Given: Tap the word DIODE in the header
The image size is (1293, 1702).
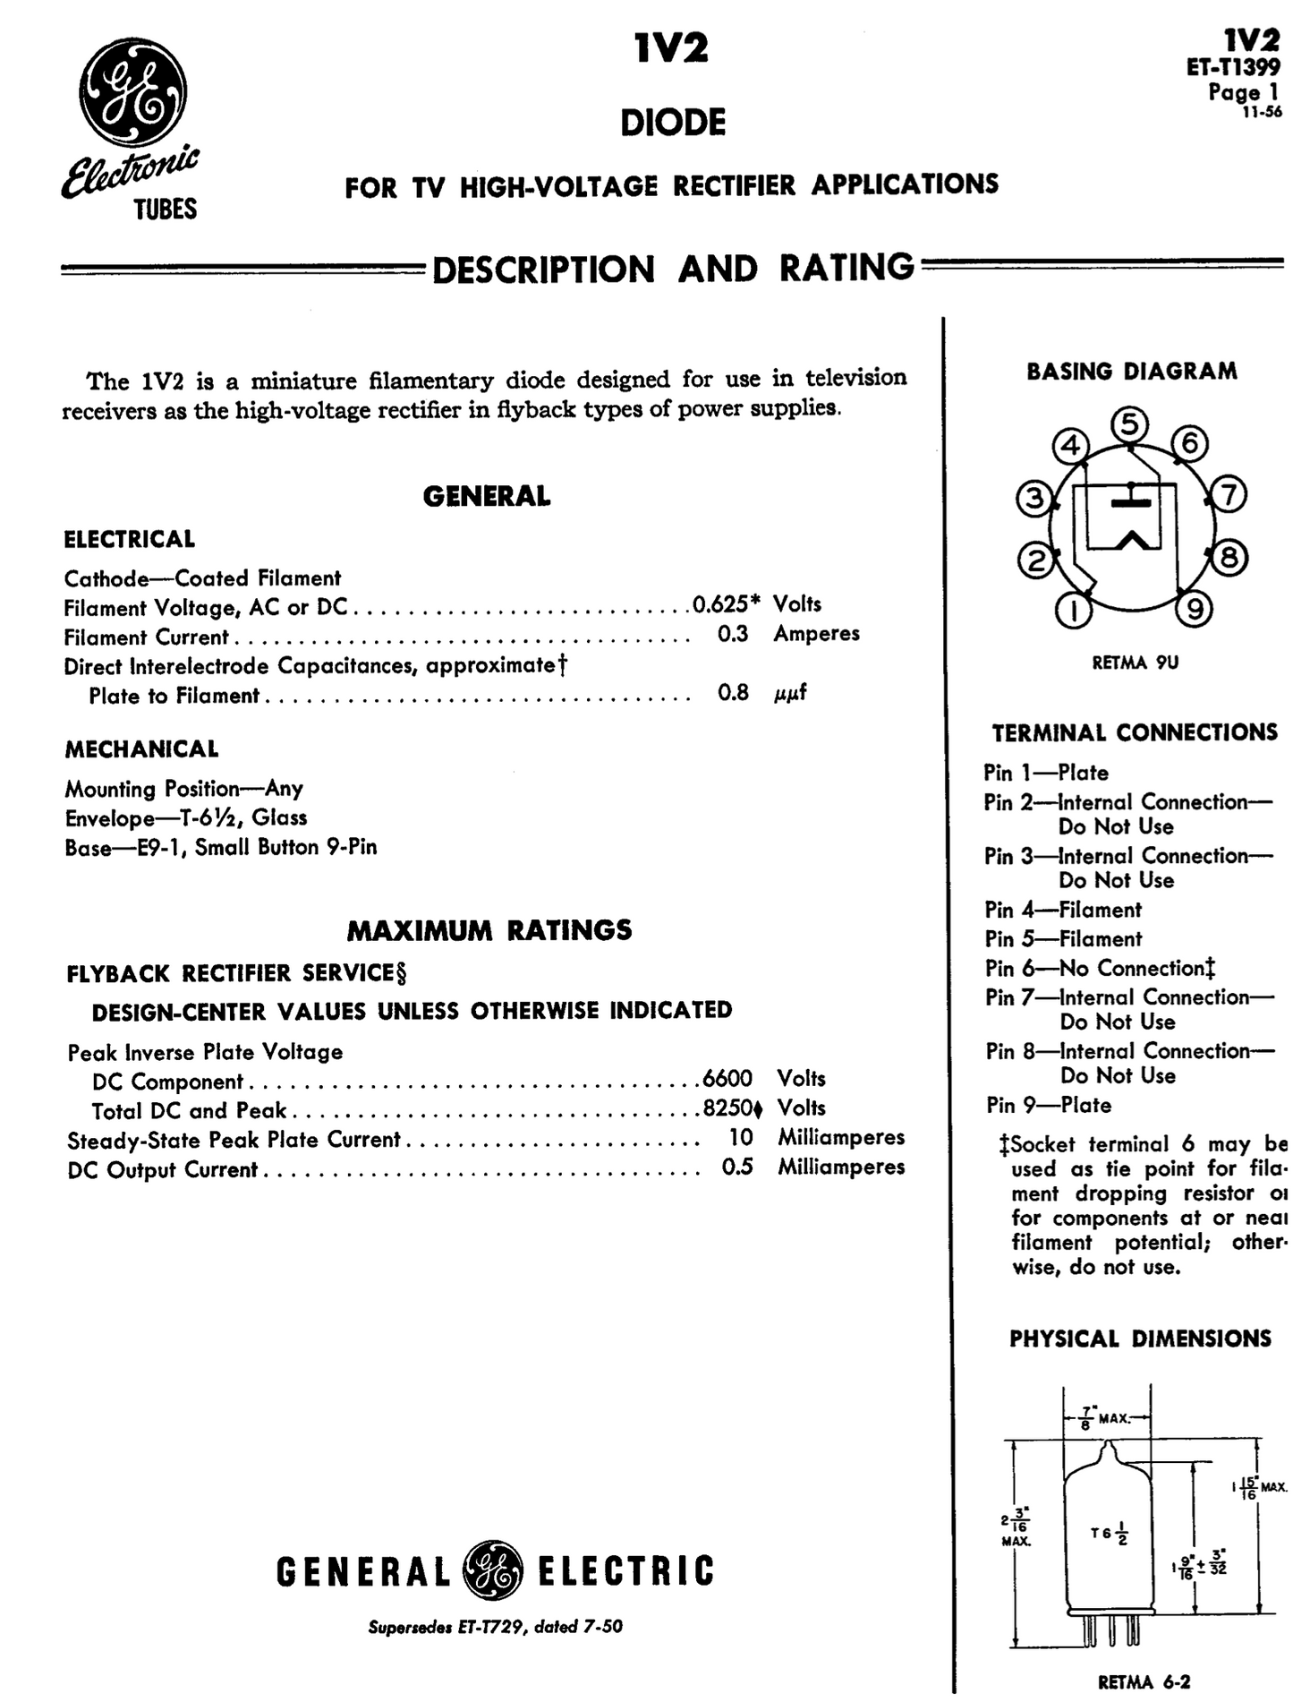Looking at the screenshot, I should point(673,124).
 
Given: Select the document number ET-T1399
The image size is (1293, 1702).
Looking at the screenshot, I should point(1232,68).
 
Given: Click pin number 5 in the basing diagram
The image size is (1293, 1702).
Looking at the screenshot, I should point(1130,424).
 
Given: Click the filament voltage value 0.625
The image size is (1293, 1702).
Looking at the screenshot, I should point(721,604).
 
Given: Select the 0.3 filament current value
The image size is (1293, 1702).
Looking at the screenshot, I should point(733,634).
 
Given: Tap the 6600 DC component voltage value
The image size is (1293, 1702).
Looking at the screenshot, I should point(727,1078).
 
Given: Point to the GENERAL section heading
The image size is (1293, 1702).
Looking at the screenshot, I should point(487,497).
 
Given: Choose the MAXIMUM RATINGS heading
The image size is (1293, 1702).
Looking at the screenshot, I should point(489,930).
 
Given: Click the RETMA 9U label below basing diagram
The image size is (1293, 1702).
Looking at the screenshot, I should point(1135,663).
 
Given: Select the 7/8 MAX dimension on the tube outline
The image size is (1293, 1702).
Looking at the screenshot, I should point(1102,1420).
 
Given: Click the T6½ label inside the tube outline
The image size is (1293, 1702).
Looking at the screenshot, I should point(1109,1535).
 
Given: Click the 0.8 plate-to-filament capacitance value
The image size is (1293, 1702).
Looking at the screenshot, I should point(733,693).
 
